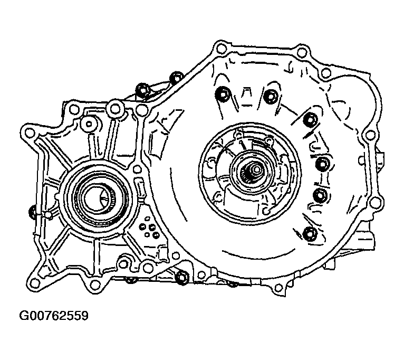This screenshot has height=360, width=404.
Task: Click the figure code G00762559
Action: pyautogui.click(x=54, y=316)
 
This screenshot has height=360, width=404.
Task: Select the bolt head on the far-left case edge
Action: pyautogui.click(x=33, y=213)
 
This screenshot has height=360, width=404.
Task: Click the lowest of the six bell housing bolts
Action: pyautogui.click(x=309, y=234)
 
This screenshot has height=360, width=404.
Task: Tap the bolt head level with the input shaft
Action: pyautogui.click(x=322, y=164)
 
